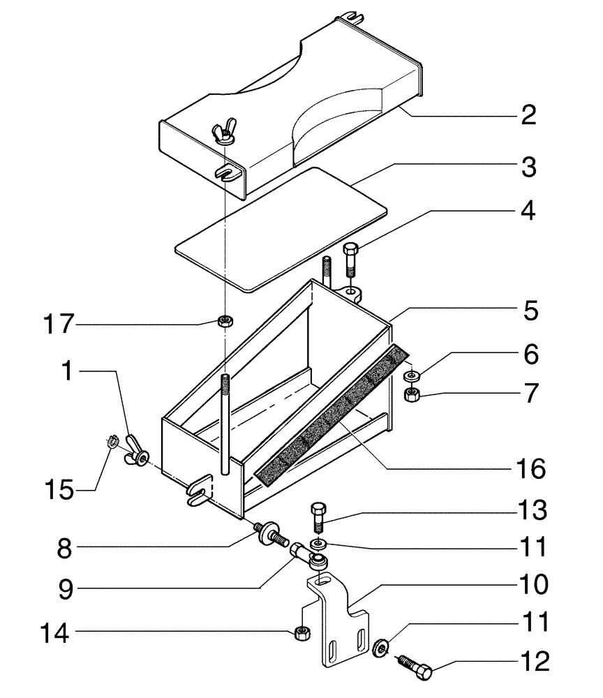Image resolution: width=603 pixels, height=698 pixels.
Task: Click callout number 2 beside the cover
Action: coord(528,114)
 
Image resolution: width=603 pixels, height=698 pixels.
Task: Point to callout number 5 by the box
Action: coord(530,311)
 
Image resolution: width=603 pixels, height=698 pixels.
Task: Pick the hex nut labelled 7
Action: coord(411,395)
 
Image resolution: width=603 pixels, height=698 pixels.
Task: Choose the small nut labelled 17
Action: coord(225,321)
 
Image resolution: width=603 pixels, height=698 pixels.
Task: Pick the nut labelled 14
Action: coord(301,632)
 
